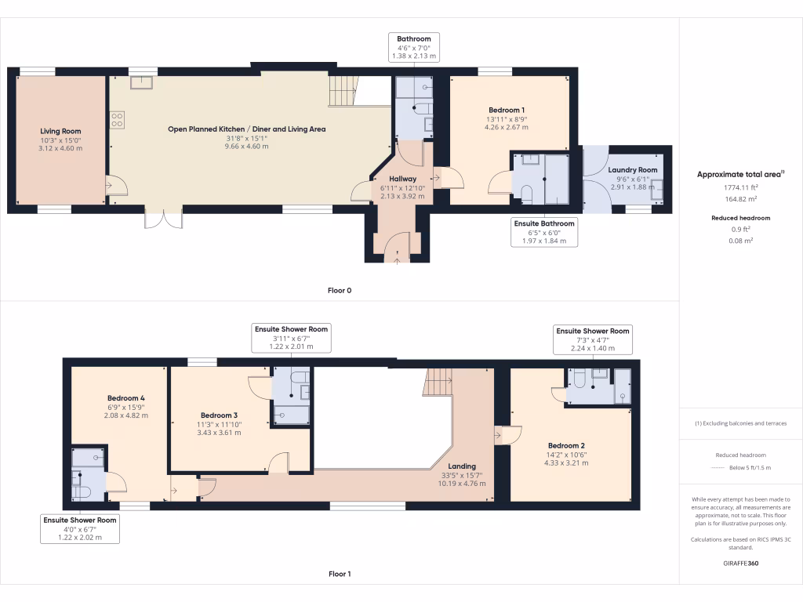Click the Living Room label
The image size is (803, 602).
tap(60, 132)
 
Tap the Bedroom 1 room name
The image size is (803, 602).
tap(506, 110)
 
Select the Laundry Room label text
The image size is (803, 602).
tap(632, 169)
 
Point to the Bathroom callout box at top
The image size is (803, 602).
tap(413, 48)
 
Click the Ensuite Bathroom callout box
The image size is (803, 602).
tap(544, 232)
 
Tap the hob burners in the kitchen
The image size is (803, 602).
tap(117, 120)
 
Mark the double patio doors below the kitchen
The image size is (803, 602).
tap(163, 218)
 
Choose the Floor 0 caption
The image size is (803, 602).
tap(340, 291)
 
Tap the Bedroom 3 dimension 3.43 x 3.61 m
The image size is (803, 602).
tap(219, 433)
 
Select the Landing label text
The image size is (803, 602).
tap(462, 466)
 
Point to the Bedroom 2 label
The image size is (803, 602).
tap(565, 445)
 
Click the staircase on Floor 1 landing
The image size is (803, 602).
tap(438, 383)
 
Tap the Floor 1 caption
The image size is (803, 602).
tap(340, 575)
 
